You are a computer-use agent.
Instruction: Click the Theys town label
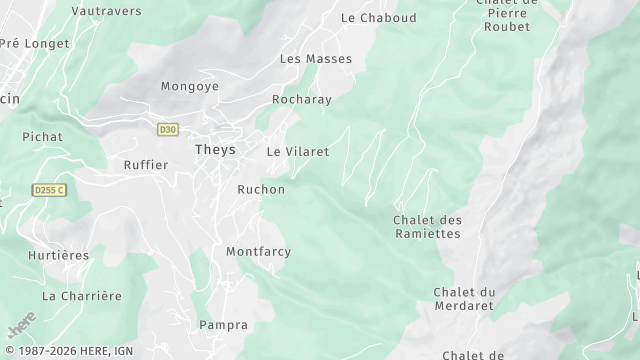pos(215,150)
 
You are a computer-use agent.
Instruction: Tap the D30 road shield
pos(167,129)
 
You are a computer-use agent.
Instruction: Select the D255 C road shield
pos(47,189)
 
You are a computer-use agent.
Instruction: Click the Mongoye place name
pos(190,86)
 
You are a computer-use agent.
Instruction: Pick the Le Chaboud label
pos(378,17)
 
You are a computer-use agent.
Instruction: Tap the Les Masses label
pos(316,59)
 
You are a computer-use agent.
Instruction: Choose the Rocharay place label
pos(302,100)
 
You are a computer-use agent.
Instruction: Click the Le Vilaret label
pos(298,151)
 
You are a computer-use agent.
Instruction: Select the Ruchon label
pos(261,189)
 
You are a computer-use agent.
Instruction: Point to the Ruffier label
pos(146,165)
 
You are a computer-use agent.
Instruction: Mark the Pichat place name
pos(43,136)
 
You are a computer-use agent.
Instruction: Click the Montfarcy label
pos(258,251)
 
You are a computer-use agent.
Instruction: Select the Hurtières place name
pos(59,255)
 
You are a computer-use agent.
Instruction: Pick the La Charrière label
pos(82,296)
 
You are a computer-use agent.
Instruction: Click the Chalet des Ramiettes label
pos(427,227)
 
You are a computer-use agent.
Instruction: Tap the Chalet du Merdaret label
pos(465,299)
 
